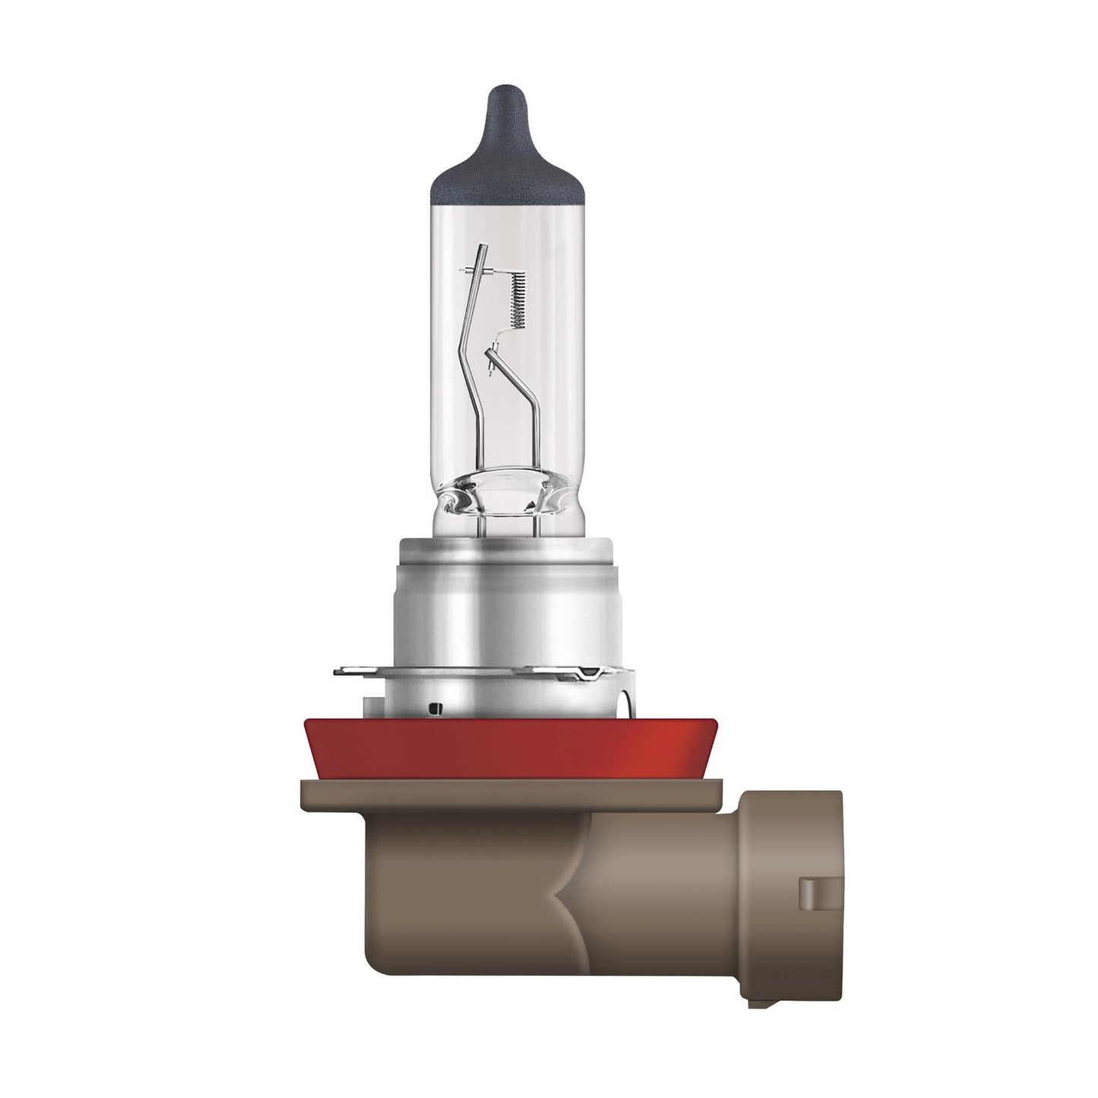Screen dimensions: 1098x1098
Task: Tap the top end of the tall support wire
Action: point(480,247)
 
